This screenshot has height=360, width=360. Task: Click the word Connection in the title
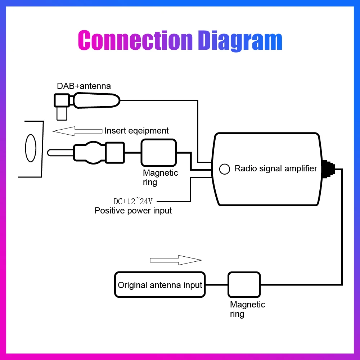(x=135, y=40)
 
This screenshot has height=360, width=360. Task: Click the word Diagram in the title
(x=240, y=41)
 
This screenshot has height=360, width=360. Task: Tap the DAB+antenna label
(x=84, y=86)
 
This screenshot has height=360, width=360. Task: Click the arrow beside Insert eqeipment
(x=77, y=131)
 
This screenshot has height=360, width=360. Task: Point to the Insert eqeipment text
(x=136, y=131)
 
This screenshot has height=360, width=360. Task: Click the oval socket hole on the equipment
(x=31, y=148)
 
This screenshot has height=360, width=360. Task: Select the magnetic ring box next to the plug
(x=159, y=153)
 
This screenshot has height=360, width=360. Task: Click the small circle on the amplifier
(x=225, y=169)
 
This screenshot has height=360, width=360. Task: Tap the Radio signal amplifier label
(x=276, y=168)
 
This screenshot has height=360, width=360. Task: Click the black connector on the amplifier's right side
(x=328, y=169)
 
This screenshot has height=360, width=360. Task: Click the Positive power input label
(x=133, y=211)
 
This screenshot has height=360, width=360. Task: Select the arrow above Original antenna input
(x=176, y=260)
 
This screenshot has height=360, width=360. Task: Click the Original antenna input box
(x=160, y=285)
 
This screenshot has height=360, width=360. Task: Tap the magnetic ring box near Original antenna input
(x=244, y=285)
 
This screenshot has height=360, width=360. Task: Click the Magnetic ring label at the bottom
(x=248, y=309)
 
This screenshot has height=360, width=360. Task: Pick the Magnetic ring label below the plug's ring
(x=160, y=177)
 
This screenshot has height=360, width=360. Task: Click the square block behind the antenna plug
(x=115, y=153)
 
